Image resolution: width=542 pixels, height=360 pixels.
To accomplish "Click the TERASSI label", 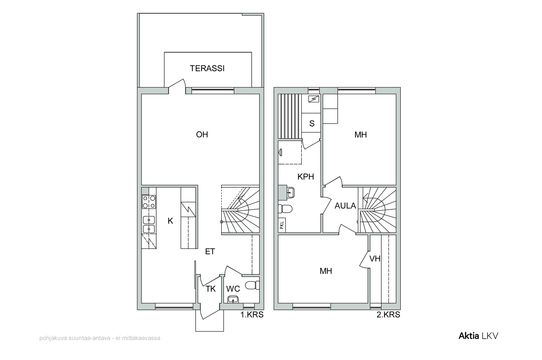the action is [207, 68].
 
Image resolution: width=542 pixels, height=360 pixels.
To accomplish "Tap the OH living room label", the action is [202, 134].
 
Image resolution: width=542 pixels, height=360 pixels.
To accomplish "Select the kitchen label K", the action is [170, 221].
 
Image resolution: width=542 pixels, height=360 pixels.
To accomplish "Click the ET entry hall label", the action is [210, 252].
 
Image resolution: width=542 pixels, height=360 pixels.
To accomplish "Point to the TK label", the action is [210, 289].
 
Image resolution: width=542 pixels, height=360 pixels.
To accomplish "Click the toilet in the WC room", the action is [252, 285].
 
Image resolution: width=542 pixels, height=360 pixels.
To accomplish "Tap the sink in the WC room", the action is [233, 299].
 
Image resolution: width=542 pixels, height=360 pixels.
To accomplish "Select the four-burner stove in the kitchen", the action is [149, 202].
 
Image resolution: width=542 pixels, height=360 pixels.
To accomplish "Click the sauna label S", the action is [312, 124].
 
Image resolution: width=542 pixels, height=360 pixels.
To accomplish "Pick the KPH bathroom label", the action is [306, 177].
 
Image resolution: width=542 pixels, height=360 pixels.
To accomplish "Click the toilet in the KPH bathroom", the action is [285, 209].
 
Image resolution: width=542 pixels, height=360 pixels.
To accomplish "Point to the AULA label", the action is [345, 206].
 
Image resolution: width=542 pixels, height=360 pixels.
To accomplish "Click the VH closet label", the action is [375, 259].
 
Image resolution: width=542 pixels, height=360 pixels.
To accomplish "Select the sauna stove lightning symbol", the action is [314, 99].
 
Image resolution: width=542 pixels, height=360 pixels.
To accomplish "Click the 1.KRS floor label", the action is [252, 315].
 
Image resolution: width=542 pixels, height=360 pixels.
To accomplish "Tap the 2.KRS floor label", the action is [388, 315].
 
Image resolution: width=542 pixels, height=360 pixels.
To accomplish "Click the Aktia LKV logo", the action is [478, 336].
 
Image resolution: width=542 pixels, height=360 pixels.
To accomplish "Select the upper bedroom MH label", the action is [360, 135].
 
